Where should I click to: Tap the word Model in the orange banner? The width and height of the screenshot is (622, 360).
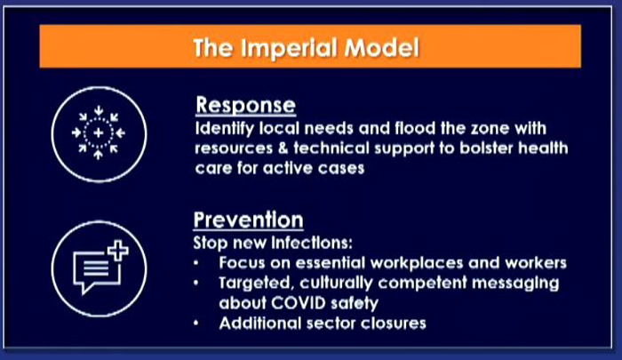pyautogui.click(x=381, y=48)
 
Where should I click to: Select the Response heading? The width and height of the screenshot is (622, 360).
pyautogui.click(x=245, y=106)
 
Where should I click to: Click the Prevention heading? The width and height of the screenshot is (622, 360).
pyautogui.click(x=248, y=220)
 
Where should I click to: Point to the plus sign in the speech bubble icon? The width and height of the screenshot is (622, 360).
pyautogui.click(x=118, y=251)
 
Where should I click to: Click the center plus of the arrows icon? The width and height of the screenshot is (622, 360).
pyautogui.click(x=99, y=132)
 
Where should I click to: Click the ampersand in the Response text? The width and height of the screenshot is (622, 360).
pyautogui.click(x=283, y=148)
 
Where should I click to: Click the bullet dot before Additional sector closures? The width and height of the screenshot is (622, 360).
pyautogui.click(x=196, y=324)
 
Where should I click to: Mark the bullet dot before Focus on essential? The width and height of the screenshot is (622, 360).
pyautogui.click(x=196, y=263)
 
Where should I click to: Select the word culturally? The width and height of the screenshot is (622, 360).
pyautogui.click(x=336, y=284)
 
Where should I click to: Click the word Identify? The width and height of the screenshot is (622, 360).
pyautogui.click(x=225, y=129)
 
